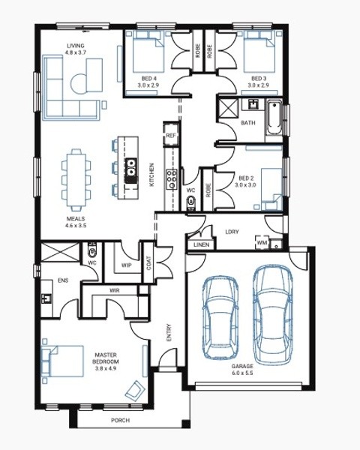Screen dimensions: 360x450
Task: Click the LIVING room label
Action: click(76, 46)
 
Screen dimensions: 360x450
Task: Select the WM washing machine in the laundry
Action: click(262, 242)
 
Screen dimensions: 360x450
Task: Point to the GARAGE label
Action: click(242, 366)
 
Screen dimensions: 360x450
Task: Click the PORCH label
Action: click(120, 421)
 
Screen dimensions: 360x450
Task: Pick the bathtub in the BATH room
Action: click(274, 117)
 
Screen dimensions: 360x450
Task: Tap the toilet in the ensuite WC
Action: click(91, 250)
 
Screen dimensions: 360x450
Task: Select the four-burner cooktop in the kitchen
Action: click(172, 178)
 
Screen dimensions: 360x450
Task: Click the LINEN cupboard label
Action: click(202, 245)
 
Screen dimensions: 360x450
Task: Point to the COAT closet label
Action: click(149, 262)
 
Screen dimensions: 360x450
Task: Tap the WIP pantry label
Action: click(126, 265)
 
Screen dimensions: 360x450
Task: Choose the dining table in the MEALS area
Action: click(76, 180)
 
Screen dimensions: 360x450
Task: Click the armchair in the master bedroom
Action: click(135, 391)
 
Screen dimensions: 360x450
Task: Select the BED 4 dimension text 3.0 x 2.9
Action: click(148, 85)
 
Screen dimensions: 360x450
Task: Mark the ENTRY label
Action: click(169, 332)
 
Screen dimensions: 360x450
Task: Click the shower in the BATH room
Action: click(228, 108)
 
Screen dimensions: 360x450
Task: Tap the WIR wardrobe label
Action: click(115, 291)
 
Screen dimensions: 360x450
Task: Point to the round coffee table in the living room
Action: click(79, 83)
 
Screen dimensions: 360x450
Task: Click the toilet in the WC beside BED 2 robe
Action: click(190, 202)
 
